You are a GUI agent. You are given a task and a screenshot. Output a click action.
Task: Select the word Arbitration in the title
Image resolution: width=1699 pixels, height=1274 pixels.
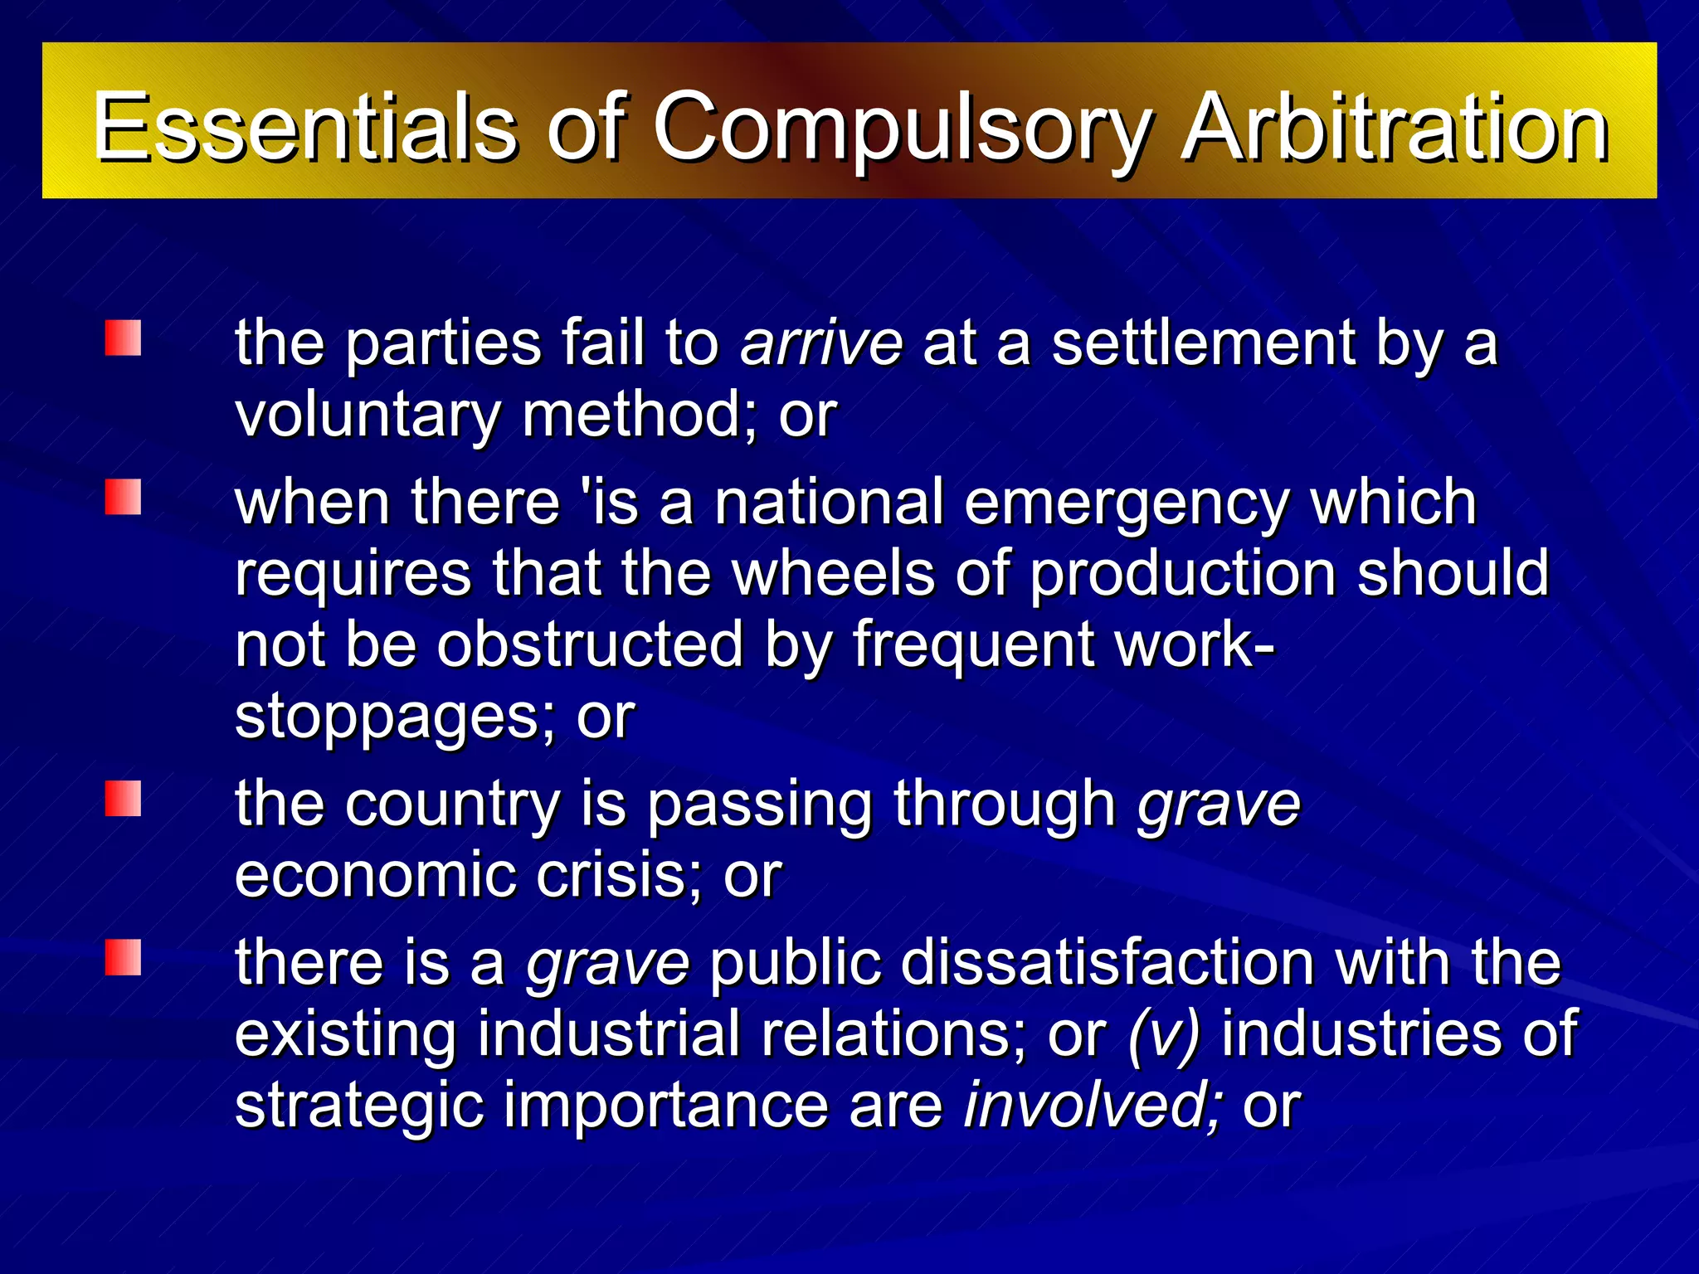[1394, 127]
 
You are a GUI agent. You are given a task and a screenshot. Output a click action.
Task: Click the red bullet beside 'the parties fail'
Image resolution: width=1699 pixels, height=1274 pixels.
[123, 338]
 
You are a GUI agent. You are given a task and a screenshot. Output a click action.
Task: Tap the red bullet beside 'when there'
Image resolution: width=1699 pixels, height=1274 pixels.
[123, 497]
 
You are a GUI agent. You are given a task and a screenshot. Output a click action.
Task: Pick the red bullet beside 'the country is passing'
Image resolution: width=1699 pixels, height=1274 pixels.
[123, 799]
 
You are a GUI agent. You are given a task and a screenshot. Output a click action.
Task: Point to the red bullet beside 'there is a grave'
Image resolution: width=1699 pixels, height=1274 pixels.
[123, 957]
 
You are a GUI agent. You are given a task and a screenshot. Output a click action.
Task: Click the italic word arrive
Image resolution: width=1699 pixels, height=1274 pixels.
[821, 343]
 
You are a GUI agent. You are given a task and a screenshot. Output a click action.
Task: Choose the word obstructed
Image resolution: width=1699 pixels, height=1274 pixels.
[590, 644]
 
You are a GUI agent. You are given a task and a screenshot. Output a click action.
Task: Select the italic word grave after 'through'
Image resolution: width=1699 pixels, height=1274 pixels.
[1218, 805]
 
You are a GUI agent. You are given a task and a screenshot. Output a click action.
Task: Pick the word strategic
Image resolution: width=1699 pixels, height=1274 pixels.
[359, 1106]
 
